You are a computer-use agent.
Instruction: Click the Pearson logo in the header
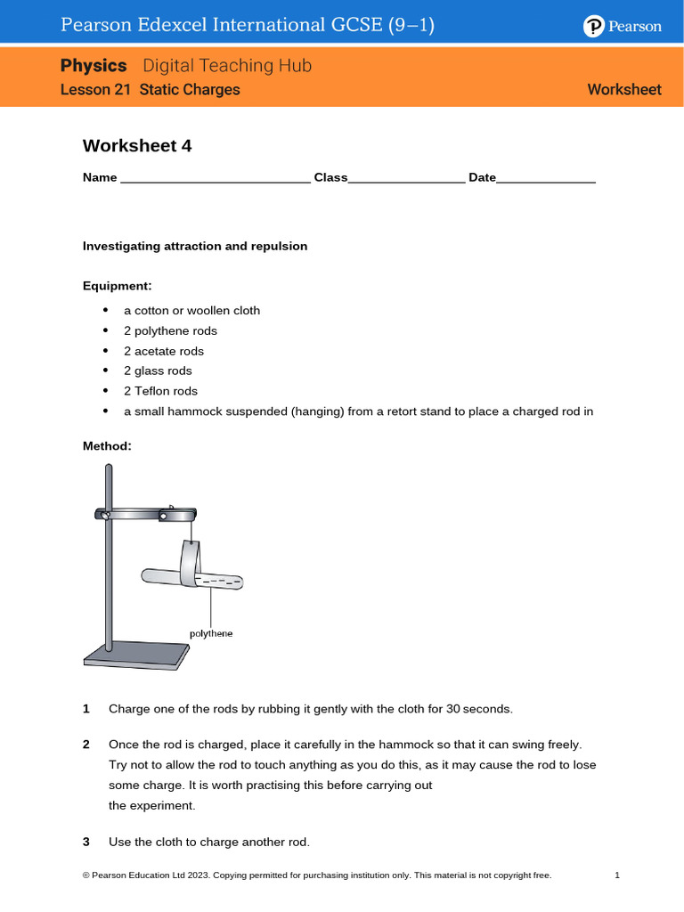pos(623,27)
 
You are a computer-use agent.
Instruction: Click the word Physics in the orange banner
pos(94,66)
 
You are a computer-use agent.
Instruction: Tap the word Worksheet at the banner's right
pos(624,90)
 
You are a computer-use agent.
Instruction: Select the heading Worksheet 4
pos(137,146)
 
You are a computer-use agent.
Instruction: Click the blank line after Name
pos(215,179)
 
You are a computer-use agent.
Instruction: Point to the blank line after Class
pos(406,179)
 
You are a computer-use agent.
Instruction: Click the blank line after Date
pos(545,179)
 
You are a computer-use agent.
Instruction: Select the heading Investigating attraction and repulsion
pos(195,246)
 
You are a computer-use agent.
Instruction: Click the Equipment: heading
pos(118,286)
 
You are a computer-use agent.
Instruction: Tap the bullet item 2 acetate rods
pos(164,351)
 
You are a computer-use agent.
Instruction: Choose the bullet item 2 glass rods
pos(158,370)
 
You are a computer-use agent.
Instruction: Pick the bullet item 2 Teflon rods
pos(160,391)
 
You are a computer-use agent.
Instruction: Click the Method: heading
pos(107,445)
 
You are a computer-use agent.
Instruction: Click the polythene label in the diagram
pos(211,633)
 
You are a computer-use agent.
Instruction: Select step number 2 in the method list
pos(86,744)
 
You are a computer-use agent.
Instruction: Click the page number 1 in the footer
pos(617,875)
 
